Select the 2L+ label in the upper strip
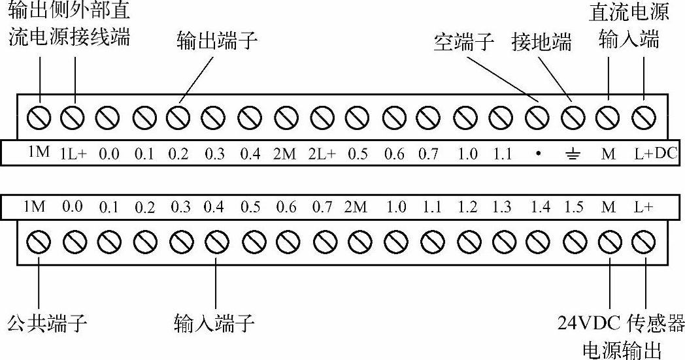pyautogui.click(x=322, y=154)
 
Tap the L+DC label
pyautogui.click(x=656, y=154)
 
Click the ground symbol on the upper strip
pyautogui.click(x=573, y=155)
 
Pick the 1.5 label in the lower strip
pyautogui.click(x=573, y=207)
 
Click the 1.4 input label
pyautogui.click(x=540, y=207)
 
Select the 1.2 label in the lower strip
pyautogui.click(x=467, y=207)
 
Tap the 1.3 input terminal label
pyautogui.click(x=501, y=207)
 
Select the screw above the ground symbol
pyautogui.click(x=573, y=118)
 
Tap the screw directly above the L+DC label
pyautogui.click(x=644, y=118)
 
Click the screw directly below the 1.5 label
pyautogui.click(x=575, y=242)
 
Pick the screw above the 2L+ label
pyautogui.click(x=322, y=118)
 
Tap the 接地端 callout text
pyautogui.click(x=541, y=43)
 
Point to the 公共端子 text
pyautogui.click(x=47, y=323)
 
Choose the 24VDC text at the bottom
pyautogui.click(x=589, y=323)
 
